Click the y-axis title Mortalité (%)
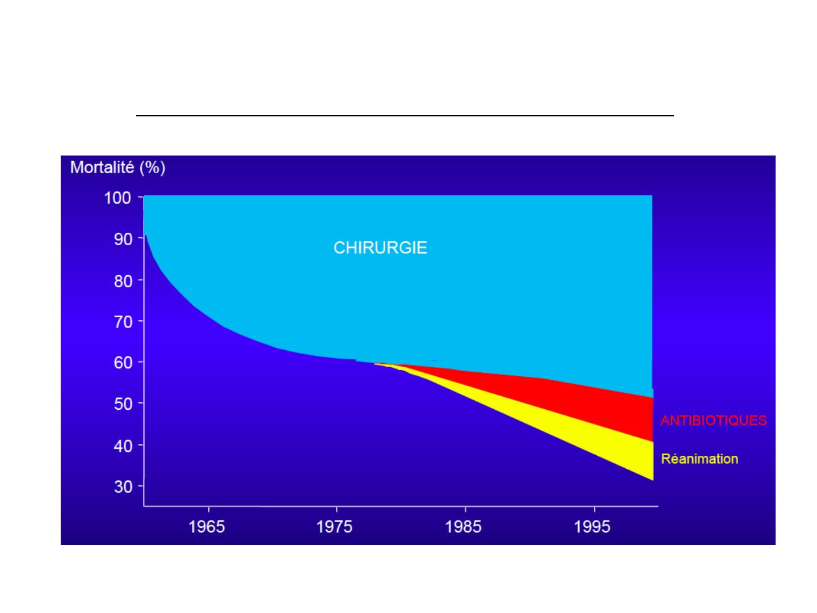pos(117,167)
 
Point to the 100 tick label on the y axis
pos(117,198)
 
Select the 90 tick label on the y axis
pos(123,239)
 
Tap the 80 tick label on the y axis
pos(123,281)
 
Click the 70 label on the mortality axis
pos(123,322)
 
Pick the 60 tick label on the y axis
pos(123,362)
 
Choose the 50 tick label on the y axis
pos(123,404)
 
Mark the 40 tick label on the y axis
pos(123,446)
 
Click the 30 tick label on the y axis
pos(123,486)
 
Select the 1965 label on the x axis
pos(207,527)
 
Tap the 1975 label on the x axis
pos(334,527)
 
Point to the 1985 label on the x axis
pos(463,527)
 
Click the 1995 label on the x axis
pos(592,527)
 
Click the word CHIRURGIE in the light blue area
pos(380,247)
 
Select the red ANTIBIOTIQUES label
pos(713,420)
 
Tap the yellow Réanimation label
pos(700,459)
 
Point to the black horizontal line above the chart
pos(405,116)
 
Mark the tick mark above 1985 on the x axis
pos(465,509)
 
